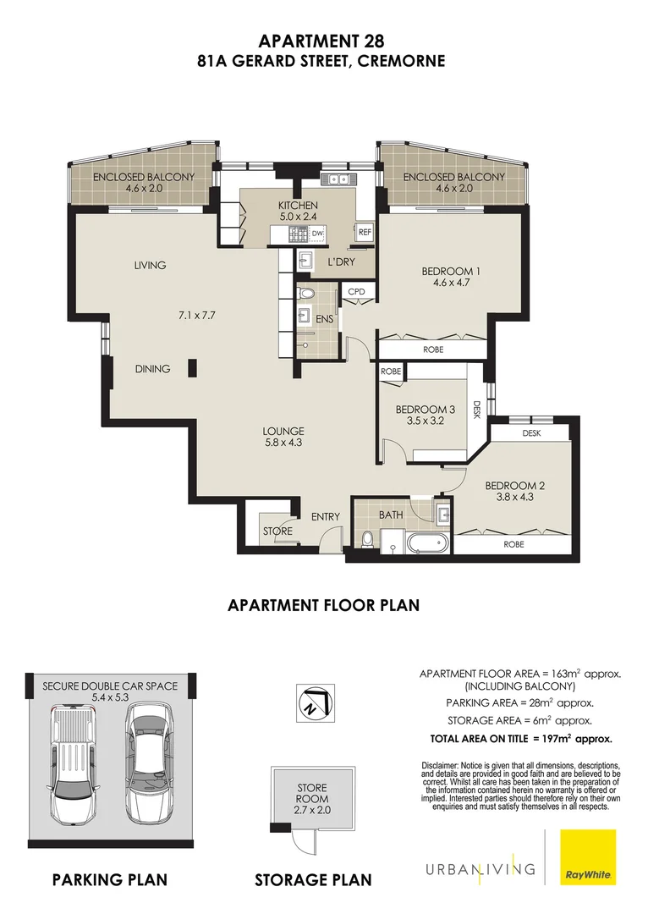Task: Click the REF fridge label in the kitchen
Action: coord(365,232)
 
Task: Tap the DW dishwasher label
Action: coord(317,234)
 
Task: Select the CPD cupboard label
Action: coord(356,291)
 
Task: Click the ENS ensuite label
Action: coord(325,319)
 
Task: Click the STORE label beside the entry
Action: coord(277,531)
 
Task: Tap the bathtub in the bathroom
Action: coord(429,543)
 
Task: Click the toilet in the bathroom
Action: coord(368,539)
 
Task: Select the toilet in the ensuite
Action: coord(306,293)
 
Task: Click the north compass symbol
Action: coord(314,702)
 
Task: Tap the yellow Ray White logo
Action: coord(589,856)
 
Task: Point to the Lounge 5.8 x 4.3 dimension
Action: coord(283,443)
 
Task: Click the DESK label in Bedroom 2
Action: coord(531,433)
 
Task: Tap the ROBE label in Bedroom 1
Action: coord(433,350)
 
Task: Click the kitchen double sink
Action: coord(337,179)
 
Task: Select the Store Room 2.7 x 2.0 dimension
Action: coord(313,810)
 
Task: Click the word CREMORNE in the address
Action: coord(401,61)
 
